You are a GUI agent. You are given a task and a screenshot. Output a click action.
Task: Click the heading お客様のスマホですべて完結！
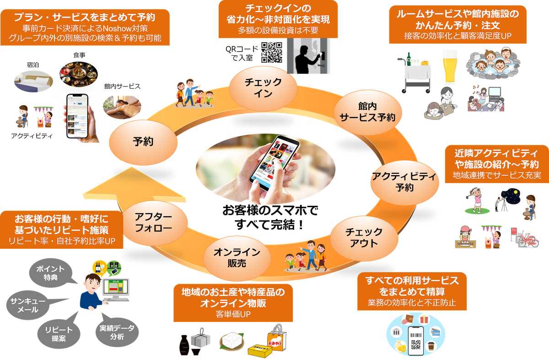click(x=270, y=217)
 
